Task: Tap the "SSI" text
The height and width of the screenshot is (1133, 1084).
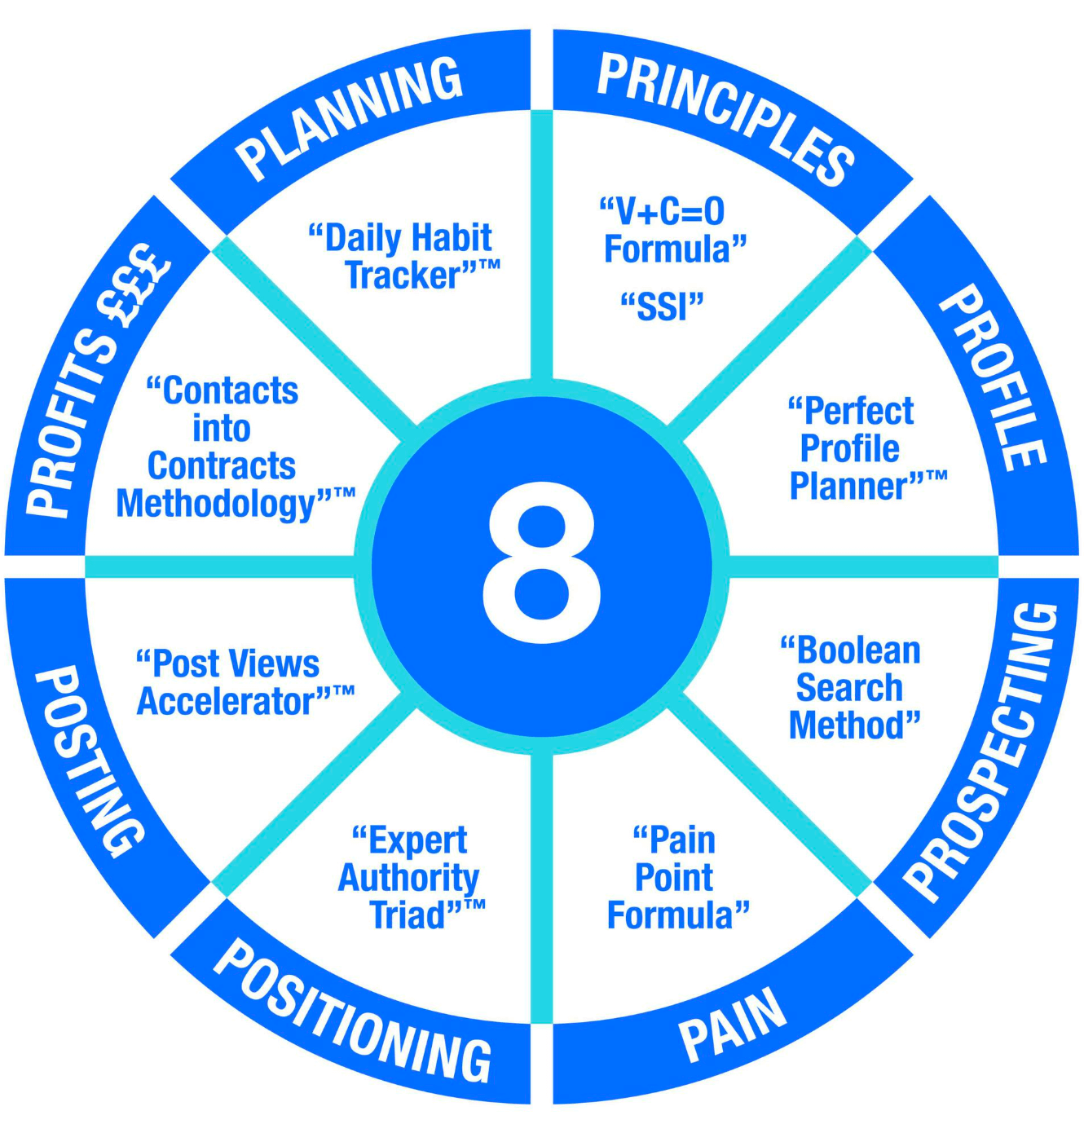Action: (x=661, y=306)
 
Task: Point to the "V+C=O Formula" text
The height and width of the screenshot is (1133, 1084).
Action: (x=673, y=231)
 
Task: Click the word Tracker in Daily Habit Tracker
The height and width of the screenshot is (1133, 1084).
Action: (x=404, y=276)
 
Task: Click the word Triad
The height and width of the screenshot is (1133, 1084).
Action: (x=408, y=915)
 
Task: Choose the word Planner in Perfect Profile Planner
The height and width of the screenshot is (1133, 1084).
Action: (x=848, y=487)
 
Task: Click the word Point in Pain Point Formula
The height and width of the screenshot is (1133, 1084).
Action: (x=673, y=878)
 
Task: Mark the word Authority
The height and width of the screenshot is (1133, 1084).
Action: (x=408, y=878)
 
